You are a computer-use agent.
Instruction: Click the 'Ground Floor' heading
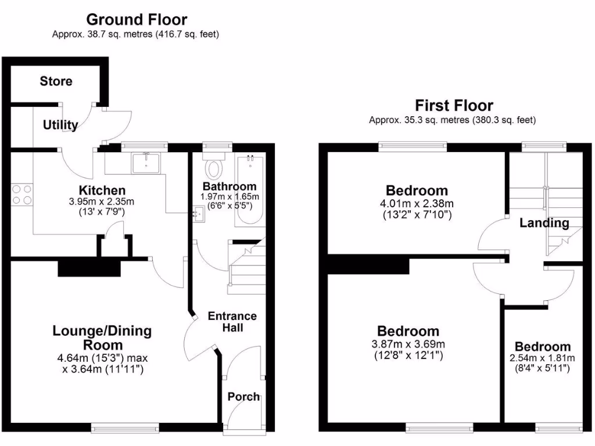click(x=137, y=20)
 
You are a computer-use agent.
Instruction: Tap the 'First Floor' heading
click(x=454, y=106)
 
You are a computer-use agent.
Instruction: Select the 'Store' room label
click(x=56, y=81)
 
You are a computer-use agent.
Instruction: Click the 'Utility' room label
click(x=60, y=125)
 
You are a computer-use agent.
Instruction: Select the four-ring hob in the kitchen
click(x=22, y=194)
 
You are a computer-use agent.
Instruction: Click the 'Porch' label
click(x=243, y=397)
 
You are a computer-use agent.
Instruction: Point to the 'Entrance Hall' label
click(x=232, y=322)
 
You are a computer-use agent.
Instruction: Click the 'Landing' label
click(x=544, y=223)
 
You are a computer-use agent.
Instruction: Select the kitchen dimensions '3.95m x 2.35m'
click(x=102, y=202)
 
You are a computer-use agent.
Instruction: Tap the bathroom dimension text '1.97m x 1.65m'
click(x=228, y=196)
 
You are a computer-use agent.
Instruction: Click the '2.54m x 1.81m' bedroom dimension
click(x=543, y=358)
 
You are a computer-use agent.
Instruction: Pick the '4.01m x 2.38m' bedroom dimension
click(x=417, y=204)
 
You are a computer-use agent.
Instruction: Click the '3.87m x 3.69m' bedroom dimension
click(x=408, y=344)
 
